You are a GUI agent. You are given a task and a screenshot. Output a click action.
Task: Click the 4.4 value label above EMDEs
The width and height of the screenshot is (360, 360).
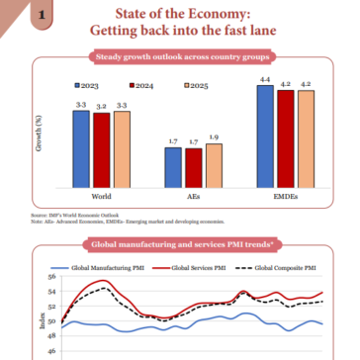[x=266, y=79]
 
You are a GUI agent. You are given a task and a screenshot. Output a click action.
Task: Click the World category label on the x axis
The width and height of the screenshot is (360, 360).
[x=100, y=196]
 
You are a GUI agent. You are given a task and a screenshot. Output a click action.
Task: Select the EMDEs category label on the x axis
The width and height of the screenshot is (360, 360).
[x=286, y=196]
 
